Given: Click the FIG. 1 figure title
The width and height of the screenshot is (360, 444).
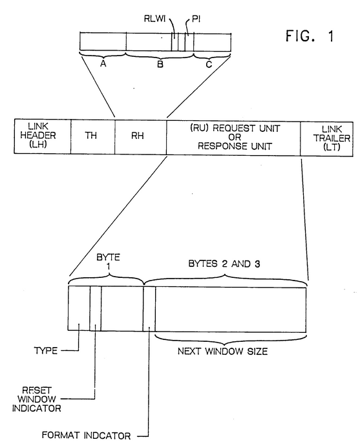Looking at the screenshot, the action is (310, 36).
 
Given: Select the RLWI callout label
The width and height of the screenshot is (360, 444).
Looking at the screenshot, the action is (154, 19).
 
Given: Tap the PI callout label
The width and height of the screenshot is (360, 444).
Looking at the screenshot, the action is (196, 19).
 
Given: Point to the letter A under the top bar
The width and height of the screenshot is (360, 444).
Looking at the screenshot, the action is (103, 64).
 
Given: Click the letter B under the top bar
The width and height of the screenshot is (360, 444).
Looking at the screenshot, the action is (160, 64).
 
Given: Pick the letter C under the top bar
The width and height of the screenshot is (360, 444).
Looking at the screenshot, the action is (209, 65).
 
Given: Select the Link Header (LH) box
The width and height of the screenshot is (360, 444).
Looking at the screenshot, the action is (43, 136).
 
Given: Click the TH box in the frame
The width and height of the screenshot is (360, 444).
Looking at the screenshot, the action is (93, 137).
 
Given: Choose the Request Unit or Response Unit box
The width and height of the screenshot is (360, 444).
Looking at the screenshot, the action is (233, 138).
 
